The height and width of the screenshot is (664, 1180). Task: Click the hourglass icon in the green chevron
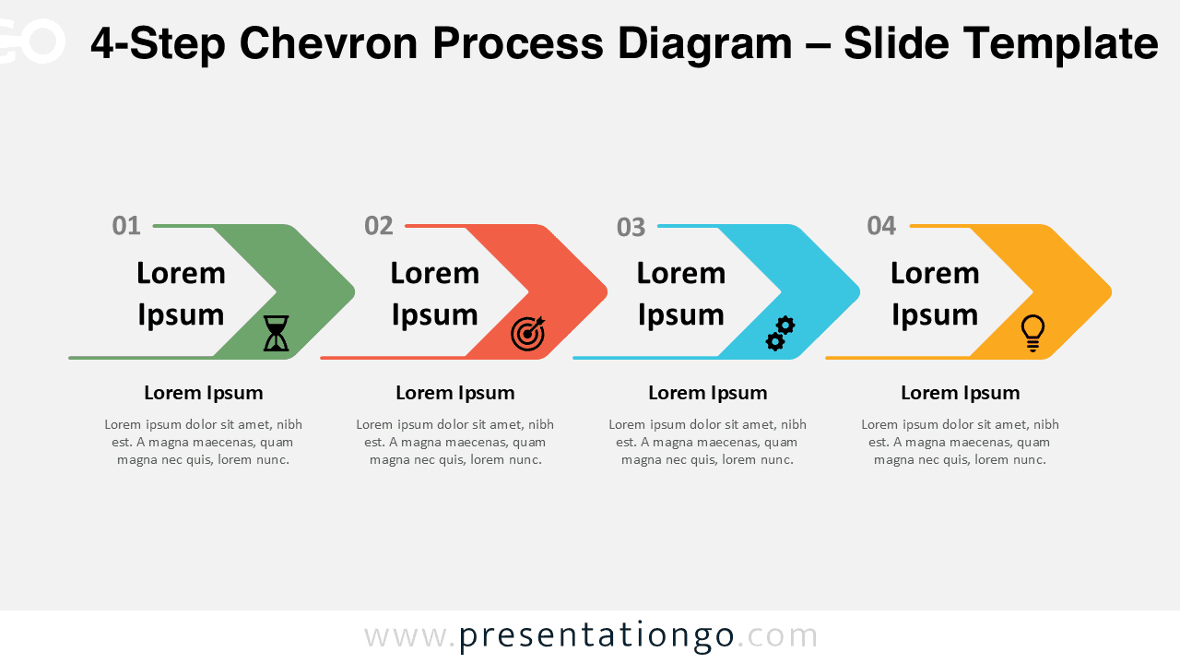(276, 333)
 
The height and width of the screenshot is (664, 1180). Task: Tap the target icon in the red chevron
(528, 333)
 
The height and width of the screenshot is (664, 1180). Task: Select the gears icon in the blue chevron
(780, 333)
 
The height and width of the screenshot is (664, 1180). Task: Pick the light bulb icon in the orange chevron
(1032, 333)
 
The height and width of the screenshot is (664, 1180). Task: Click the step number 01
(126, 226)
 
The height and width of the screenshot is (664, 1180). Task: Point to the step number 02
(378, 226)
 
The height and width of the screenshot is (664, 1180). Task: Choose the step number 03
(631, 227)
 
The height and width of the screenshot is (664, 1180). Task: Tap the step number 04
(881, 226)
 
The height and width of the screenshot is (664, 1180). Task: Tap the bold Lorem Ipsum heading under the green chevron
(203, 393)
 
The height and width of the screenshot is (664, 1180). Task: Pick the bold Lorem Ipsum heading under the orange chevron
(960, 393)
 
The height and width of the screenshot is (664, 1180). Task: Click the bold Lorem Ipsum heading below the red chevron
(454, 393)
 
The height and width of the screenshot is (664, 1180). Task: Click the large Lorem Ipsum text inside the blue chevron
(681, 293)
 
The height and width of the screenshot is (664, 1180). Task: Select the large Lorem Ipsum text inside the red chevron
(435, 293)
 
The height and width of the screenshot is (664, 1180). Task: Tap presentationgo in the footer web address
(596, 635)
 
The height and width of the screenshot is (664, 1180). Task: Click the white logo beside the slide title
(32, 41)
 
